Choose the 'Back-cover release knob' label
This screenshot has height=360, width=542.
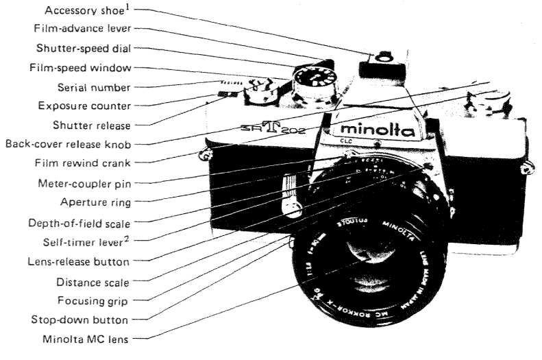(76, 144)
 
